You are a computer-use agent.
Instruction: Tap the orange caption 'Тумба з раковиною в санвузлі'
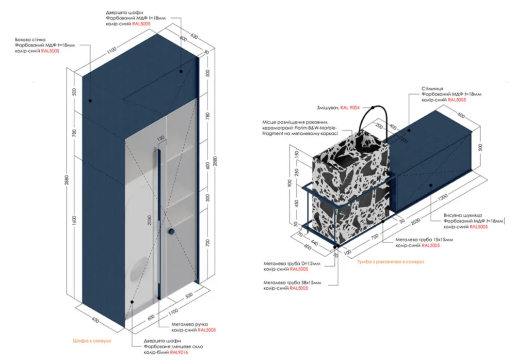(391, 262)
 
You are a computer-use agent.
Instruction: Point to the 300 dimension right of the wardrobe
(207, 198)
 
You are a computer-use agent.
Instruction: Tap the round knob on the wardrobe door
(170, 233)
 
